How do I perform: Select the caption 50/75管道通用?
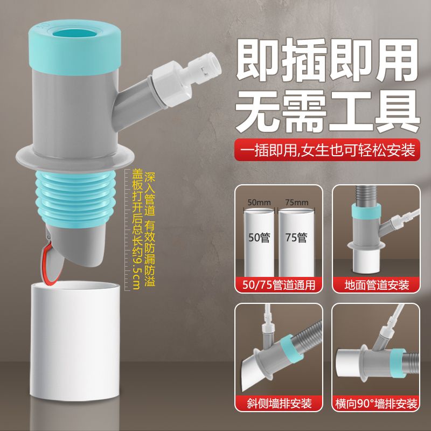pyautogui.click(x=279, y=284)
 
